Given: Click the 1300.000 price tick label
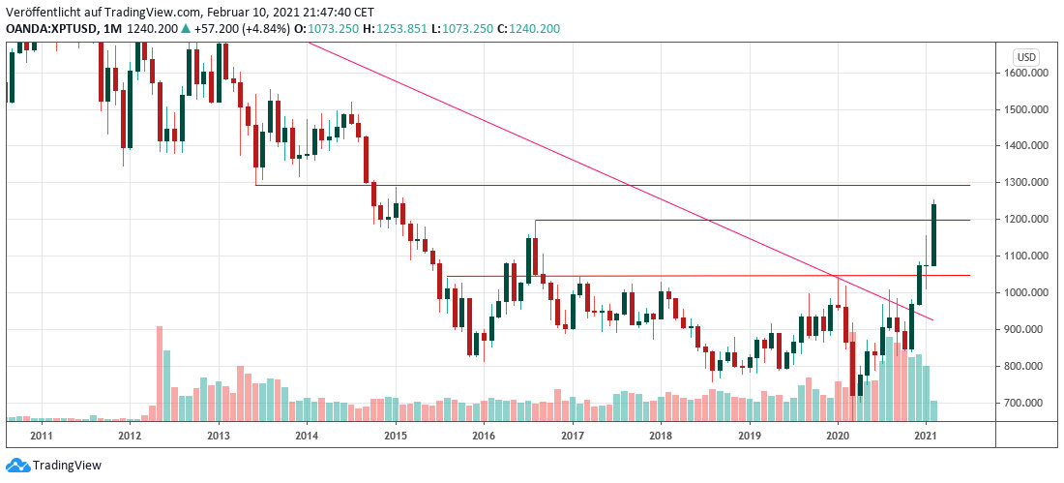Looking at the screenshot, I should click(x=1026, y=183).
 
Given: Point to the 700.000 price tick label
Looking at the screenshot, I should click(x=1028, y=403).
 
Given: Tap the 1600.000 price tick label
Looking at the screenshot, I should click(x=1026, y=73).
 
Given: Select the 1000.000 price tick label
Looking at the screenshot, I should click(x=1026, y=292).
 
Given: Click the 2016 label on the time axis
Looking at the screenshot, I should click(x=484, y=436).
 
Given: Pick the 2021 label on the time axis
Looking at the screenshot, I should click(x=927, y=436).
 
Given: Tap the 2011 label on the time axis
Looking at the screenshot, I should click(x=41, y=436).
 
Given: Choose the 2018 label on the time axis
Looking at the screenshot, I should click(x=661, y=436).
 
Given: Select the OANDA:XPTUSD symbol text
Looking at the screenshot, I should click(x=50, y=29).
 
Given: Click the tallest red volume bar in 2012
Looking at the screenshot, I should click(x=159, y=373).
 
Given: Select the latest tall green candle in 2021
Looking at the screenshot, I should click(x=933, y=232).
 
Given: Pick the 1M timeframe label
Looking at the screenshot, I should click(x=112, y=29).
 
